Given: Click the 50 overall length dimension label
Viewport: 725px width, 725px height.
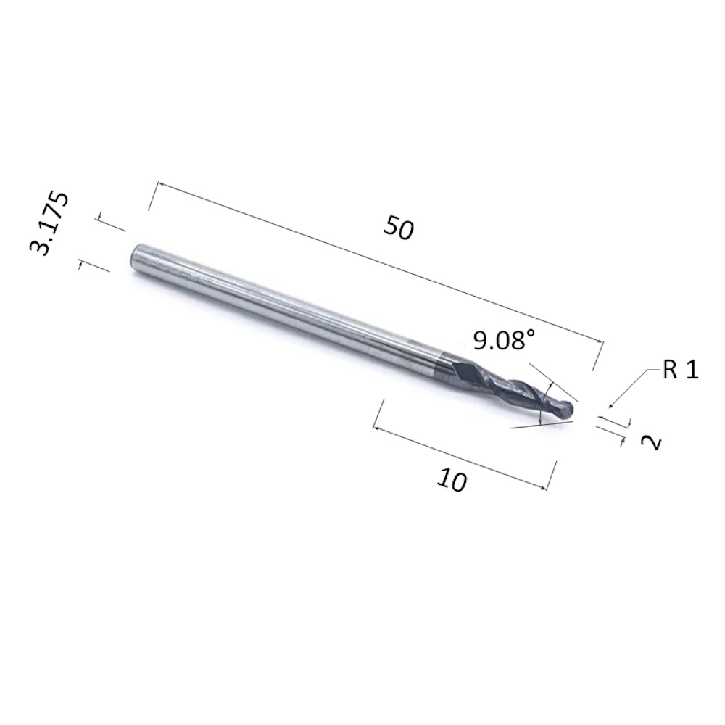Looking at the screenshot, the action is pyautogui.click(x=399, y=227).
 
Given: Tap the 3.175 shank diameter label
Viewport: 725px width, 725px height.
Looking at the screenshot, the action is pyautogui.click(x=49, y=223).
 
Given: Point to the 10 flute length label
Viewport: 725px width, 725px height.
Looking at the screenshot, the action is pyautogui.click(x=452, y=480).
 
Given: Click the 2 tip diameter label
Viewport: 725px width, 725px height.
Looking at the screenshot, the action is pyautogui.click(x=651, y=442).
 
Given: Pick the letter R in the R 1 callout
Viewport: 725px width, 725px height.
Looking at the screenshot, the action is pyautogui.click(x=670, y=370).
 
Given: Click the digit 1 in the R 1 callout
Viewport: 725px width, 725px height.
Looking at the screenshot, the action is pyautogui.click(x=692, y=370).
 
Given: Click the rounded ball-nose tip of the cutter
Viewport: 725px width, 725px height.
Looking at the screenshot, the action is pyautogui.click(x=566, y=410).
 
